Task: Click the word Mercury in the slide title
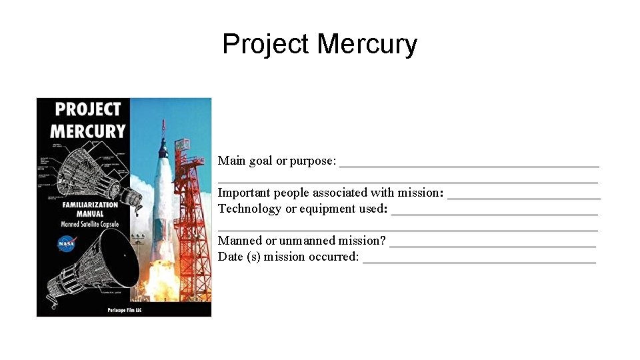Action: click(x=367, y=45)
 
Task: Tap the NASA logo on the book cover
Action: click(x=67, y=243)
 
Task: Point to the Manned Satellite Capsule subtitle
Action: click(x=87, y=225)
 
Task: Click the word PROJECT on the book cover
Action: click(x=87, y=109)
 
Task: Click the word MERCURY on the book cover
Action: click(x=87, y=131)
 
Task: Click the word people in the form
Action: click(x=349, y=193)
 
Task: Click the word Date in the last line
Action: click(x=231, y=257)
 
